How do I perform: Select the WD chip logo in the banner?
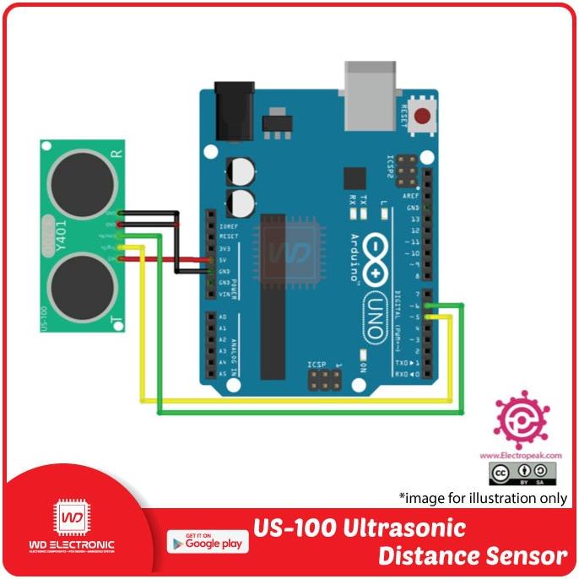coord(72,522)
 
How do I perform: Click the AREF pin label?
coord(412,195)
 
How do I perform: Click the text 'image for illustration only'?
coord(483,497)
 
